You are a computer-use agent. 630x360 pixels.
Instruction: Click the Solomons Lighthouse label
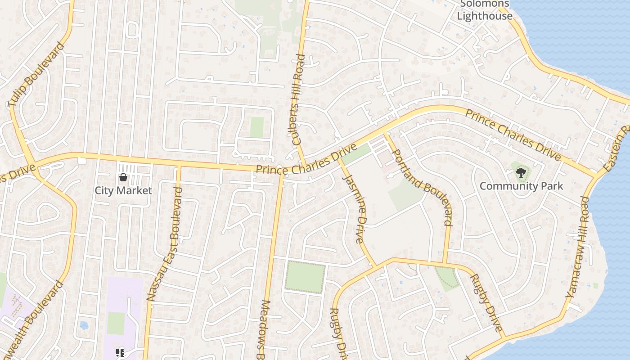click(x=485, y=10)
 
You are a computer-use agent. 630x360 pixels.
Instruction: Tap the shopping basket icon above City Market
click(x=123, y=177)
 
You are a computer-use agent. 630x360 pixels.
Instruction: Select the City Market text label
click(x=123, y=190)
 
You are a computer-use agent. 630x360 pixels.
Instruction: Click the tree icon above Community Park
click(x=521, y=172)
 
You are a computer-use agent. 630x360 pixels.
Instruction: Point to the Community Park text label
click(x=521, y=186)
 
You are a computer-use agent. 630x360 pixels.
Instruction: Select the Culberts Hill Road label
click(x=298, y=99)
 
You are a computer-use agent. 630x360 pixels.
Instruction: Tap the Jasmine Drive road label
click(x=354, y=209)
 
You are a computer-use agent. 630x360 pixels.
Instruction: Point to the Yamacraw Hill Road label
click(x=577, y=247)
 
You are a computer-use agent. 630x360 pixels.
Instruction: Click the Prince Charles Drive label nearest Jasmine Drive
click(x=306, y=161)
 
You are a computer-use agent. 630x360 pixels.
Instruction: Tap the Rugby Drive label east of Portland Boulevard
click(x=486, y=302)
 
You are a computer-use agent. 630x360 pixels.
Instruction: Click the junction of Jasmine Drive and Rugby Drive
click(x=376, y=266)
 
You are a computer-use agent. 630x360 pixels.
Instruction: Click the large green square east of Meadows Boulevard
click(x=305, y=277)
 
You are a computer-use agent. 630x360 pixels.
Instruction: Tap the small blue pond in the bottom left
click(x=84, y=325)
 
